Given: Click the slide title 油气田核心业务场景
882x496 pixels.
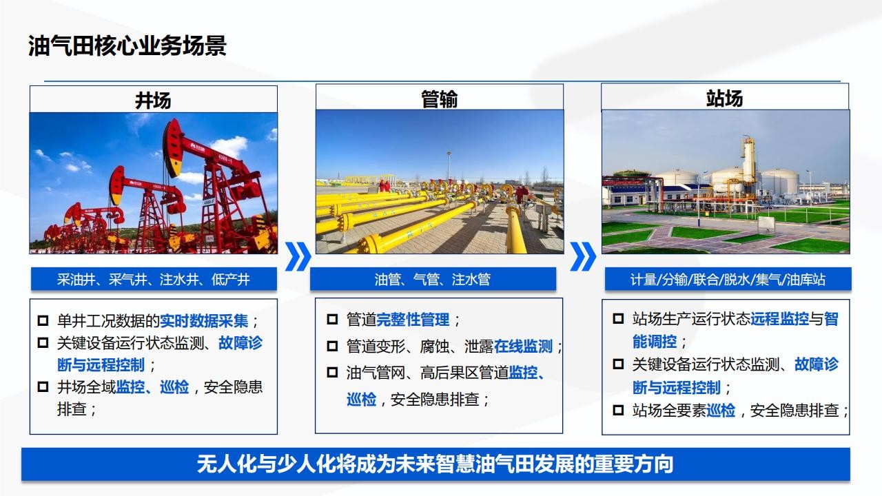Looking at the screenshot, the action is tap(127, 45).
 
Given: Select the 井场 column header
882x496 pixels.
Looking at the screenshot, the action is tap(154, 100).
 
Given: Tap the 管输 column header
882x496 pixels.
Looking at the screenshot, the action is tap(440, 98).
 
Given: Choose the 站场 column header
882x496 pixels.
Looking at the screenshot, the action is tap(725, 97).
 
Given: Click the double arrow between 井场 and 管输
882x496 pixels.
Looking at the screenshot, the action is tap(298, 257).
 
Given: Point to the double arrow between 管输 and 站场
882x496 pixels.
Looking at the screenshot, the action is tap(583, 257).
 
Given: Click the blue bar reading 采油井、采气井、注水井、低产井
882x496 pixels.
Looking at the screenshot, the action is tap(154, 279).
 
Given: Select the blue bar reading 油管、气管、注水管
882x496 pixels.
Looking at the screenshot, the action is tap(433, 279).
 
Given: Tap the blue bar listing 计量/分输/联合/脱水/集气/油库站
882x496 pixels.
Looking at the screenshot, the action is tap(728, 279).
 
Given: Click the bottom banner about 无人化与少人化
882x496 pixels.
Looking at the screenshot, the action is tap(435, 464).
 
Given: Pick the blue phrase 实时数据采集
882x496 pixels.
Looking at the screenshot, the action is tap(204, 321).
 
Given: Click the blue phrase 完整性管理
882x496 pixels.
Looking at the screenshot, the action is tap(413, 319).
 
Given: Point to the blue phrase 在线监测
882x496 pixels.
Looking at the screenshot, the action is tap(523, 346).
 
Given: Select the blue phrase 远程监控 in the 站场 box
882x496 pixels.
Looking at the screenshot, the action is tap(779, 319).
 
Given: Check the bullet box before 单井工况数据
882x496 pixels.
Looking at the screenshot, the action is tap(43, 320).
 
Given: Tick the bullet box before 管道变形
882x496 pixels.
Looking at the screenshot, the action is tap(332, 346).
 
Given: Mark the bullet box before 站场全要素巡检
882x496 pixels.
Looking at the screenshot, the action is tap(618, 410).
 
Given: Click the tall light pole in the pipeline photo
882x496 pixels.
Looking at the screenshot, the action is tap(449, 167).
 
